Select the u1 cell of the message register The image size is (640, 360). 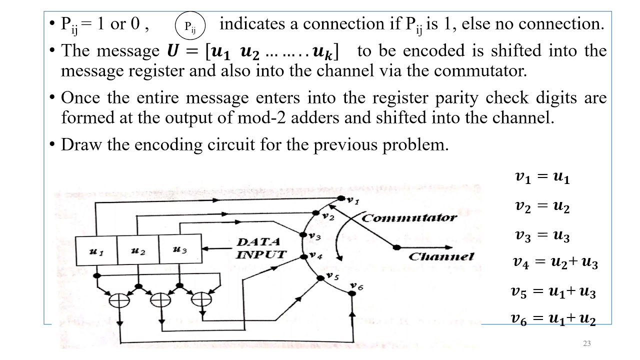pyautogui.click(x=96, y=250)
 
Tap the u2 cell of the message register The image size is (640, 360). pyautogui.click(x=137, y=250)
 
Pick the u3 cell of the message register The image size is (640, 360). pyautogui.click(x=179, y=249)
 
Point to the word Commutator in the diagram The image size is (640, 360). pyautogui.click(x=408, y=218)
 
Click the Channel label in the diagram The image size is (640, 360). pyautogui.click(x=441, y=256)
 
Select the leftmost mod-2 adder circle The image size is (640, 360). pyautogui.click(x=119, y=300)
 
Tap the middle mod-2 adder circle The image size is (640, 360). pyautogui.click(x=160, y=300)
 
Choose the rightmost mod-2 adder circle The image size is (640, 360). pyautogui.click(x=201, y=299)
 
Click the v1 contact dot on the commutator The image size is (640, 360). pyautogui.click(x=341, y=198)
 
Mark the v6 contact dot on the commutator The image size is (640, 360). pyautogui.click(x=352, y=293)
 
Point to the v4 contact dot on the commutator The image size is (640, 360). pyautogui.click(x=303, y=257)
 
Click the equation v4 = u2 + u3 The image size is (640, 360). pyautogui.click(x=555, y=262)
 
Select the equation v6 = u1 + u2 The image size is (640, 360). pyautogui.click(x=553, y=318)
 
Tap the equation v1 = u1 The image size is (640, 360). pyautogui.click(x=542, y=177)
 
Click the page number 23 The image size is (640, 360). pyautogui.click(x=587, y=343)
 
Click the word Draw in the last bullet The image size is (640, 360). pyautogui.click(x=77, y=144)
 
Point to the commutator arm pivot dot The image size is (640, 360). pyautogui.click(x=396, y=247)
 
